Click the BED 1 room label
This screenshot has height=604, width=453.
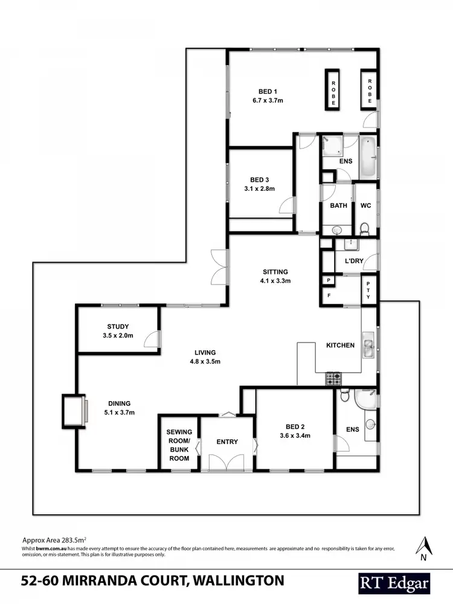268,91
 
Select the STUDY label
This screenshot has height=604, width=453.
118,327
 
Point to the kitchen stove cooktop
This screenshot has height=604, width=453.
333,379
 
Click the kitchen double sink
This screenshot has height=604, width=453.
368,345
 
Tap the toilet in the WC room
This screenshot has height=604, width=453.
364,228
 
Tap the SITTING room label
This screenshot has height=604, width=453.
275,272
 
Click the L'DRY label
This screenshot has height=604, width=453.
353,260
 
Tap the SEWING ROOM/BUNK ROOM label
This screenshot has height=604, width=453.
179,445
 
